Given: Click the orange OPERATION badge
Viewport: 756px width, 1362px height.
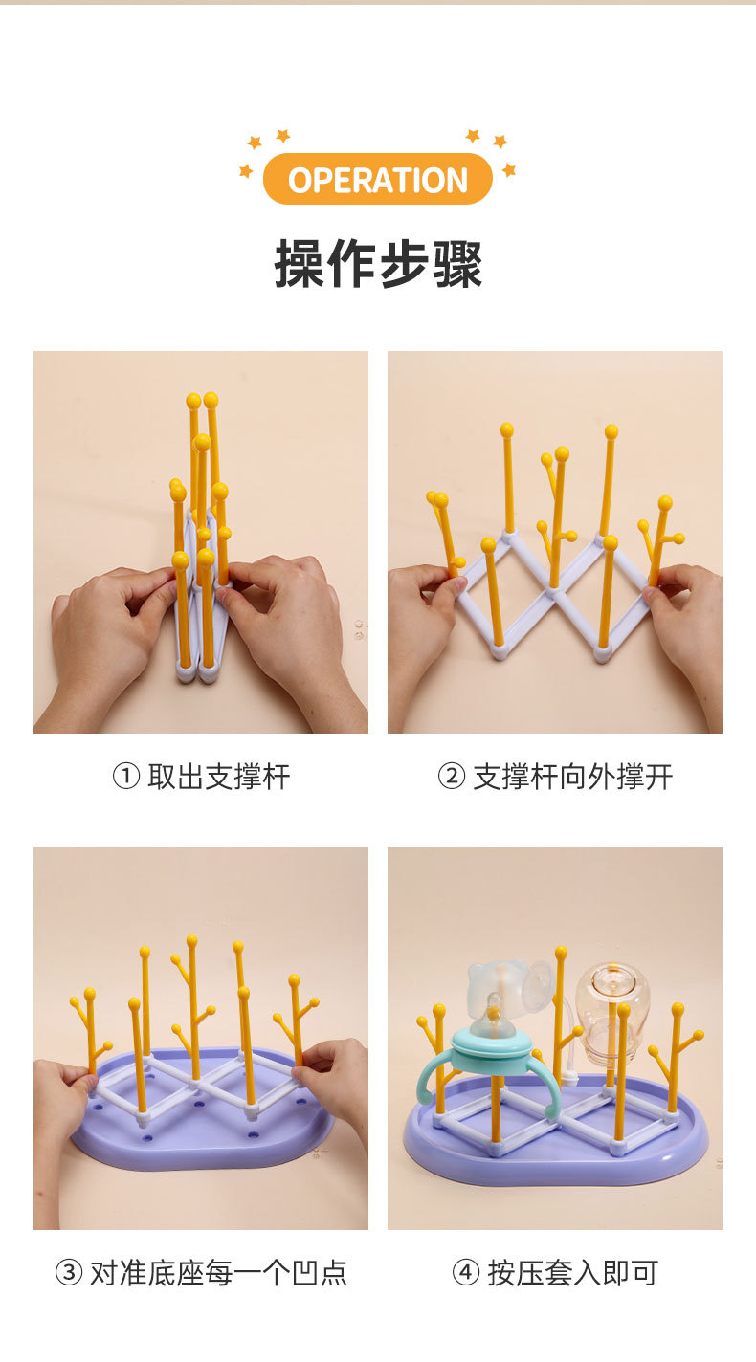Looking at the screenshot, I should [377, 179].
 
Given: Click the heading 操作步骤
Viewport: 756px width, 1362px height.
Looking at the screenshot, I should [378, 264].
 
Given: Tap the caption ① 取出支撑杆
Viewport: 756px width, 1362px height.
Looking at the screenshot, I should [201, 777].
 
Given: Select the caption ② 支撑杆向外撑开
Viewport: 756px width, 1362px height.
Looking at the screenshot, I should [555, 777].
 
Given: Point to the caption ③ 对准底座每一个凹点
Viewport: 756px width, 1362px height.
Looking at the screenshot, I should [201, 1273].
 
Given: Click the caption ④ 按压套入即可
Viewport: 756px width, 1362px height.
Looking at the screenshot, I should [555, 1273].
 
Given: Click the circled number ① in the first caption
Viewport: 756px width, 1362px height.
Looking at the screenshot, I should [126, 777].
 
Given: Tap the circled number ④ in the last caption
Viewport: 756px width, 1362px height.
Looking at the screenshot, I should [465, 1273].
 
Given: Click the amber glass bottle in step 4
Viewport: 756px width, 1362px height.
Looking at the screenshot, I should [612, 1014].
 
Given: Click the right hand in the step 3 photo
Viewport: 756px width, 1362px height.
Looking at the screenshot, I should [335, 1081].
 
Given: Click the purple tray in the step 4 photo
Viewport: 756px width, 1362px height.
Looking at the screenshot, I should [555, 1162].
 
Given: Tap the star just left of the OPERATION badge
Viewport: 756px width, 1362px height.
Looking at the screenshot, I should [246, 171].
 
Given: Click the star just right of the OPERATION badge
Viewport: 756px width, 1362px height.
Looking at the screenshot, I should [508, 170].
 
